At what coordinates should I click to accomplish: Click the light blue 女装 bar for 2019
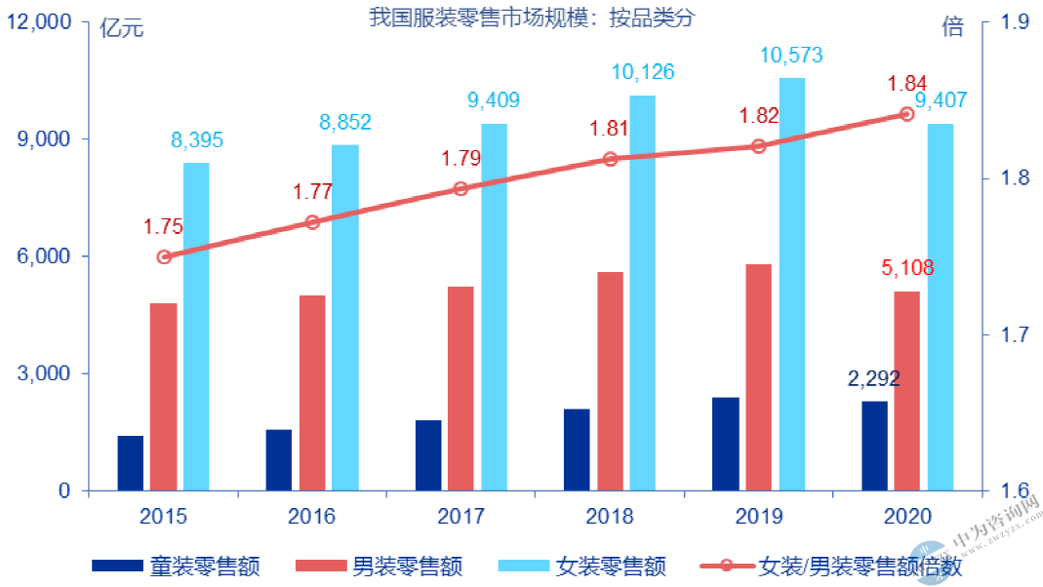point(791,284)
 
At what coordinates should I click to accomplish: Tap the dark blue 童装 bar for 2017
point(428,455)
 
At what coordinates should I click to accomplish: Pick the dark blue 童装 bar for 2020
point(874,446)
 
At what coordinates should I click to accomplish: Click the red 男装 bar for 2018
point(610,381)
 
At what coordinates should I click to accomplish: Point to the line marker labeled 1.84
point(905,114)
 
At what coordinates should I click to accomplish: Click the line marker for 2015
point(164,257)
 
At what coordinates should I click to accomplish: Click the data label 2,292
point(873,378)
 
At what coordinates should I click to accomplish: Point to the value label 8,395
point(197,140)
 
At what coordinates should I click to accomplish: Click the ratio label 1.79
point(461,158)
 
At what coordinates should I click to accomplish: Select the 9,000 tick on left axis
point(46,139)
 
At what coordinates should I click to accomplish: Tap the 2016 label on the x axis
point(312,516)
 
